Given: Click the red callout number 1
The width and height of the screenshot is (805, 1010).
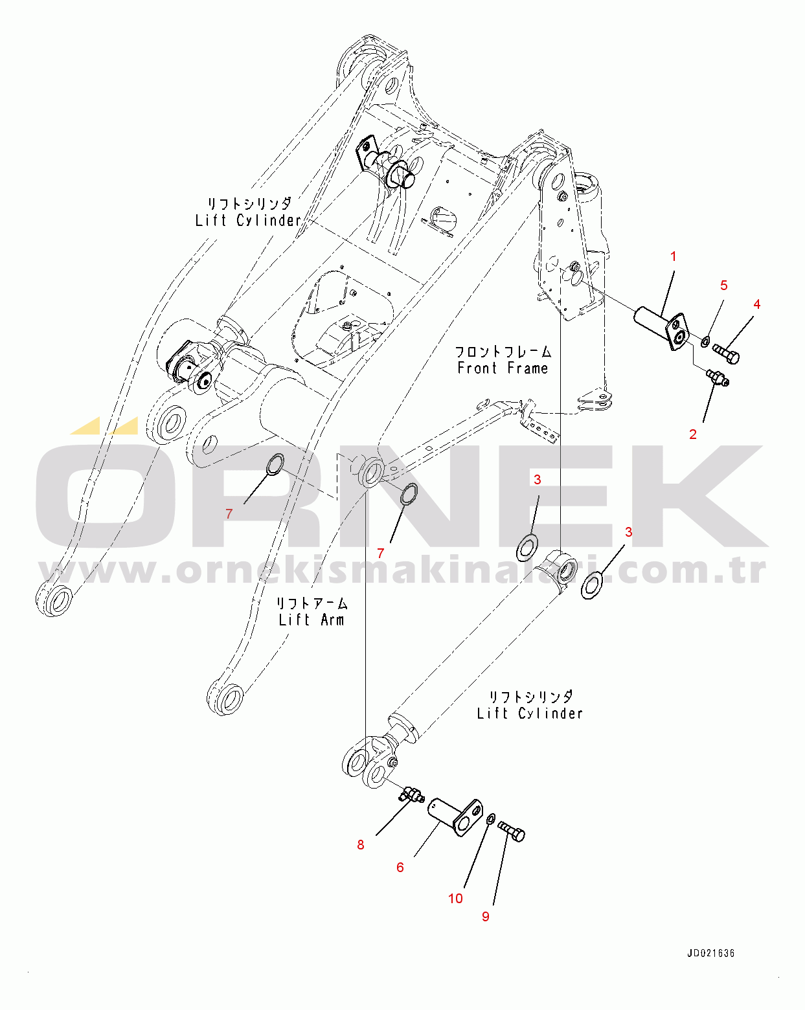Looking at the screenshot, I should click(x=673, y=257).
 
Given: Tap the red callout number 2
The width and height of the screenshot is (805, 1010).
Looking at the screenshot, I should click(x=693, y=434).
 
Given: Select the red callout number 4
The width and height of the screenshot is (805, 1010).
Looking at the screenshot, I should click(x=756, y=304).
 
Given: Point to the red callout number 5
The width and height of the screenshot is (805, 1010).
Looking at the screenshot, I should click(x=724, y=286).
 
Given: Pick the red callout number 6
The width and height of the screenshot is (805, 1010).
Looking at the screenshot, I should click(x=400, y=867).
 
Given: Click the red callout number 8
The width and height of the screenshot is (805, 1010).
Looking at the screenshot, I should click(x=361, y=844).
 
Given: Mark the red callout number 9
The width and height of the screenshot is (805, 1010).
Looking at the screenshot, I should click(x=486, y=916).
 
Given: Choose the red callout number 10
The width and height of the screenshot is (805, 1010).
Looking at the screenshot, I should click(x=455, y=898).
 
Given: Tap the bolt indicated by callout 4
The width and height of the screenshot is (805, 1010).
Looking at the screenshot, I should click(x=726, y=353).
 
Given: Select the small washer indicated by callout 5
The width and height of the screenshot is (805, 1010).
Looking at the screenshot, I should click(x=705, y=340).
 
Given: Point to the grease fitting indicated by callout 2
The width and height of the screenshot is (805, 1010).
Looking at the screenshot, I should click(x=718, y=377).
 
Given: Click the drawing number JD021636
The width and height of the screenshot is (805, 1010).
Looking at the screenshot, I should click(x=710, y=953).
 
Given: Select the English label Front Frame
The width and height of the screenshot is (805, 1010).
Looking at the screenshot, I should click(x=503, y=368).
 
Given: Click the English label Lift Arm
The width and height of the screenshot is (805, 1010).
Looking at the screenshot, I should click(x=312, y=620).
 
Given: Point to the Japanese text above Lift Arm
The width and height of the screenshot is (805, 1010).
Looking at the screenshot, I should click(x=312, y=603).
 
